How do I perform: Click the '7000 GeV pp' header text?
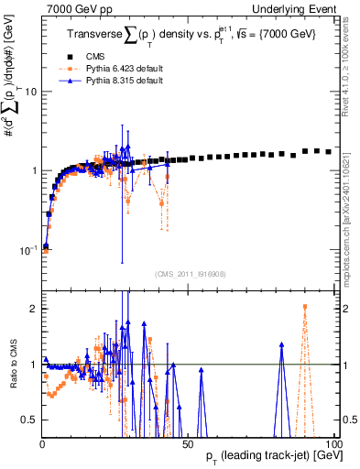click(72, 8)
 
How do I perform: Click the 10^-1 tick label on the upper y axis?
click(27, 249)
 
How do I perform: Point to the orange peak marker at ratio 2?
click(305, 307)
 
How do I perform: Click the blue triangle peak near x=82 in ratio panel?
click(282, 344)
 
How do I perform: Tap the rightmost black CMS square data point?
click(329, 151)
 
